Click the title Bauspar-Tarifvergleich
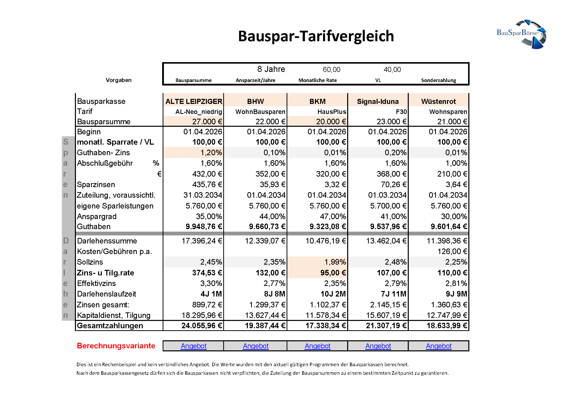click(316, 36)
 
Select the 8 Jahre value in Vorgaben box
click(271, 69)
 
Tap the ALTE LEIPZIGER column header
click(194, 101)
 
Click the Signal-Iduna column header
click(378, 101)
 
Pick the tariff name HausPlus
click(332, 112)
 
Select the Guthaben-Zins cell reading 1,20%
click(211, 153)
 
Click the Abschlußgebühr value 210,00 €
click(452, 174)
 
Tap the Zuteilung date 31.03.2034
click(203, 195)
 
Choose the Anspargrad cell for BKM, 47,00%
click(333, 217)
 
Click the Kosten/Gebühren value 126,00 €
click(452, 252)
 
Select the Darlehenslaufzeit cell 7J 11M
click(393, 294)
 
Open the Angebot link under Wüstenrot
click(438, 346)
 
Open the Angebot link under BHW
click(256, 346)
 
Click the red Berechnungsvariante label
click(116, 346)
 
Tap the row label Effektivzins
click(96, 283)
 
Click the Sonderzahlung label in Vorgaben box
click(438, 80)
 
